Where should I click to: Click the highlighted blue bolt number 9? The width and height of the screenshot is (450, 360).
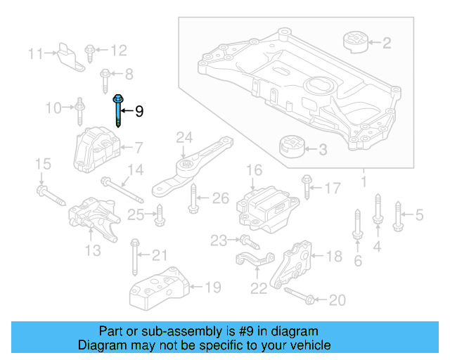click(116, 110)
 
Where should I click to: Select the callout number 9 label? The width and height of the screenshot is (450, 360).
click(139, 111)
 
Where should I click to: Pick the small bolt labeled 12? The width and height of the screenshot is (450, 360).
click(90, 50)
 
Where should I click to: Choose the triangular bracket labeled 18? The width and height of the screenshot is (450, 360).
click(295, 267)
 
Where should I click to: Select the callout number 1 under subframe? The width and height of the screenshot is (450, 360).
click(364, 183)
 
